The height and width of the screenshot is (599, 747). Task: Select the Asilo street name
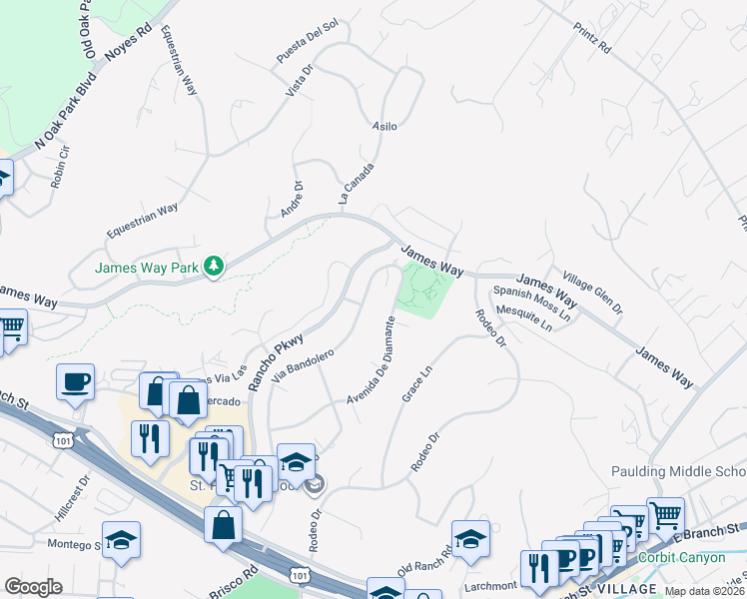point(384,127)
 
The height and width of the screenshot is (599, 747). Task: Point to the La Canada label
point(357,184)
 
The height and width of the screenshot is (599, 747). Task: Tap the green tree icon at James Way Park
point(213,266)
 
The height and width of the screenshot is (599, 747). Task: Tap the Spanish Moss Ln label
point(529,303)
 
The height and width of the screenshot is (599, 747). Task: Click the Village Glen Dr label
point(592,291)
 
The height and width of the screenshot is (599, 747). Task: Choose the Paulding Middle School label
point(679,471)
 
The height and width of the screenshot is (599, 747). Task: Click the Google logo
point(33,586)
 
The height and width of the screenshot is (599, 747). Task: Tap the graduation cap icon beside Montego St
point(121,540)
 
